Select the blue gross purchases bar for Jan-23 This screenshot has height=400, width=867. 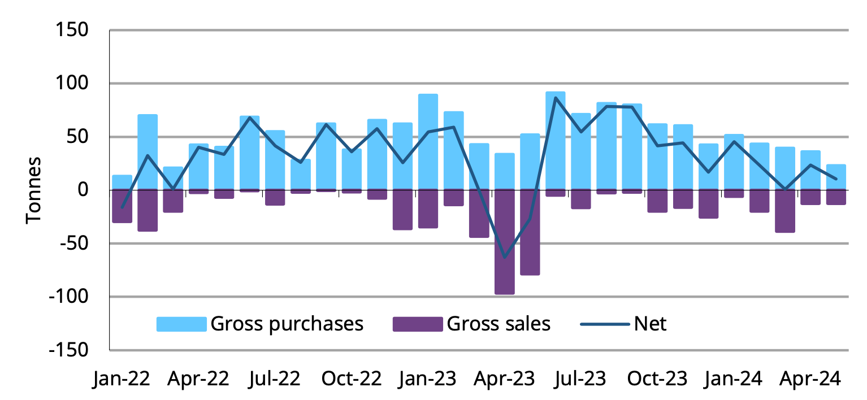point(428,141)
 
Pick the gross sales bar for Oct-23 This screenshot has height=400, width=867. point(657,201)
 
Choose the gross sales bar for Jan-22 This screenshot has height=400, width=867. point(122,206)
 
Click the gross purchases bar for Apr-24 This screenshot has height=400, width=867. point(810,169)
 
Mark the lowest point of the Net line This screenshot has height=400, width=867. point(504,258)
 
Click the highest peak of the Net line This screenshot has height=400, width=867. point(556,97)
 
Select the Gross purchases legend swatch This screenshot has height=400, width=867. point(181,324)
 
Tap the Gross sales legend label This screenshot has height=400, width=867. point(498,324)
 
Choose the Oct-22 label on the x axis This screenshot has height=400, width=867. point(352,379)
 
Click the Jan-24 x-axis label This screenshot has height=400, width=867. point(734,379)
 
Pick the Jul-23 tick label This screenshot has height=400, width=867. point(581,379)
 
